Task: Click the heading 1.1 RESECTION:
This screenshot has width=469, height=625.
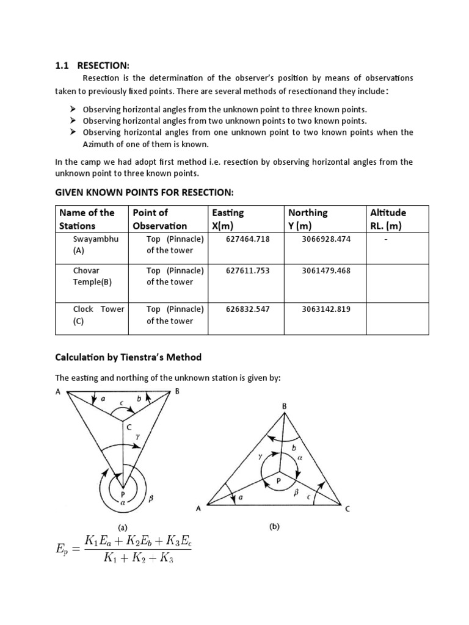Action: (92, 66)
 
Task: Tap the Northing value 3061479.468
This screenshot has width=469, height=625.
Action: (326, 270)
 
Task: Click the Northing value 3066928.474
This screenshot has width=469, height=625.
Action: (326, 239)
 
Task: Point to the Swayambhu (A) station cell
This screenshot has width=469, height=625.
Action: (92, 244)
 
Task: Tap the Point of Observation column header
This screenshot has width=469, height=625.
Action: (159, 219)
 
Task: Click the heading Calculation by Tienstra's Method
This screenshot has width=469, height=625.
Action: (128, 357)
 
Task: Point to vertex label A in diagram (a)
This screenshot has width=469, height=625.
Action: (58, 392)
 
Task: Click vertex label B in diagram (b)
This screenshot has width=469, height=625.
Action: (284, 405)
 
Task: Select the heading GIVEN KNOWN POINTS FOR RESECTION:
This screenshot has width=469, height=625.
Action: (145, 192)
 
